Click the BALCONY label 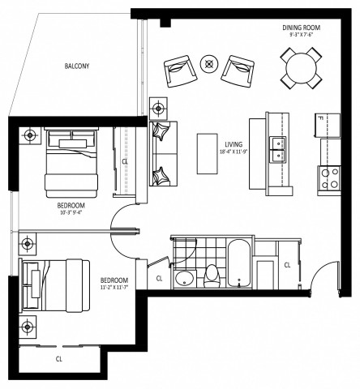[79, 66]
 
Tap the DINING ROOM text [298, 26]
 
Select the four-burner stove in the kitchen [331, 178]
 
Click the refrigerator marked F [329, 126]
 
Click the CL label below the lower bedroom [59, 357]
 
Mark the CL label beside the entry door [288, 265]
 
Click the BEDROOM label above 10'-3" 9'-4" [71, 206]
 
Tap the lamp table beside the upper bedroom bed [31, 135]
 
